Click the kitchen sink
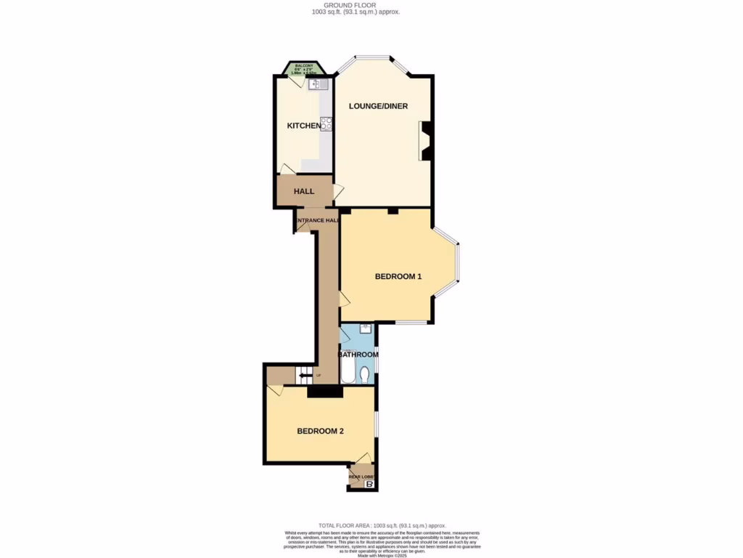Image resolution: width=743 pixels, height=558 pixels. [319, 84]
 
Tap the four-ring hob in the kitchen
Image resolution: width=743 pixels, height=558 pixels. [327, 124]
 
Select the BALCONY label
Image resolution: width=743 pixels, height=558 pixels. [303, 66]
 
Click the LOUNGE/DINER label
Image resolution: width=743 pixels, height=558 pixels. [378, 106]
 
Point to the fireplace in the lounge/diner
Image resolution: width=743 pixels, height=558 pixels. [426, 141]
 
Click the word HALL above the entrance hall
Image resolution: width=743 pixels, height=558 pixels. [304, 191]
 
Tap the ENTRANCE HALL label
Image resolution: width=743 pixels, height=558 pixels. [317, 220]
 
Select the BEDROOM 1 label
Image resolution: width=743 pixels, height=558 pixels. [398, 277]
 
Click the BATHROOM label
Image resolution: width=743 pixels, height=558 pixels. [359, 355]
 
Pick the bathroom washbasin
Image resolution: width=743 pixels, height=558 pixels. [364, 329]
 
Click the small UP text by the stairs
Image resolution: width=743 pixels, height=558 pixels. [317, 376]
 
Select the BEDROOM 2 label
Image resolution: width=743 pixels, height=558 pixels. [320, 431]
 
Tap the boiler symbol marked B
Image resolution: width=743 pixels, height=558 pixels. [370, 484]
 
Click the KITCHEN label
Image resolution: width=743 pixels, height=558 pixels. [303, 126]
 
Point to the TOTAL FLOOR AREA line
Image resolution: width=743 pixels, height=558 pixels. [382, 525]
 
